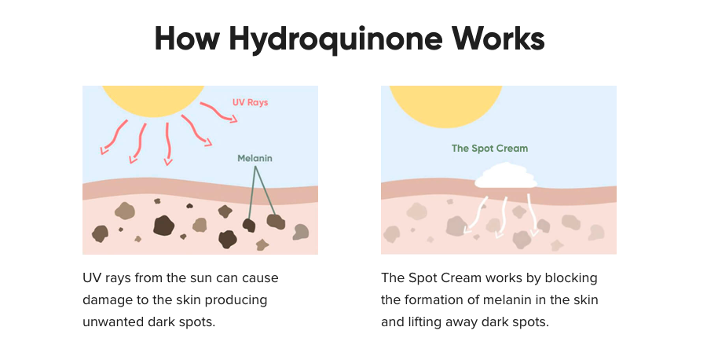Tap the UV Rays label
tap(250, 102)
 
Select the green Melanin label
tap(255, 158)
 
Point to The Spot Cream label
tap(489, 148)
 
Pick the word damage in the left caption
tap(108, 300)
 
